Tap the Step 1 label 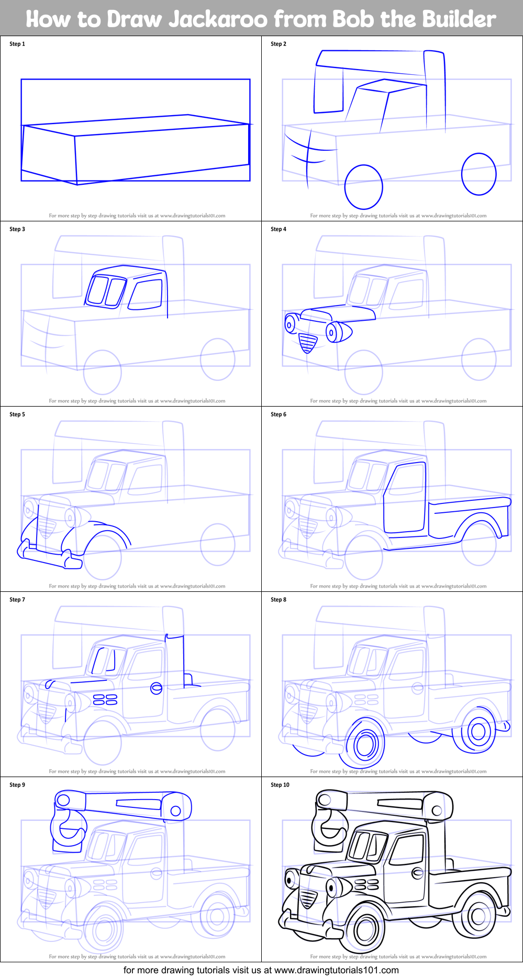(17, 44)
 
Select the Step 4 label (279, 229)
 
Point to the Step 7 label (17, 600)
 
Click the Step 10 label (280, 785)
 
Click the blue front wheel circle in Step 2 (364, 187)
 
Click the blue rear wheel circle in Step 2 (479, 174)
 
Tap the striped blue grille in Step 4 (307, 343)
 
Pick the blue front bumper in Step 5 (50, 558)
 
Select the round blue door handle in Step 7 (156, 688)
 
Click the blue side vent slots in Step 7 (105, 700)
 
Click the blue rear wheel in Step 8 (477, 730)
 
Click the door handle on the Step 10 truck (417, 873)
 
